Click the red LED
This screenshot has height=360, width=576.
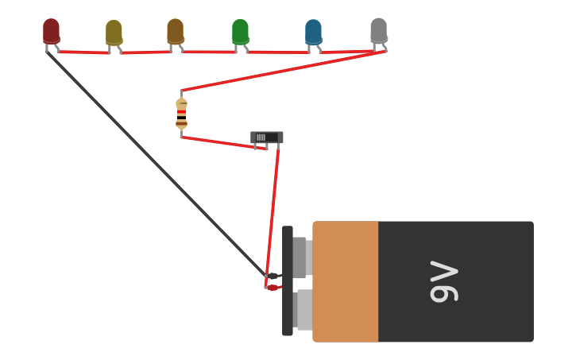(x=51, y=31)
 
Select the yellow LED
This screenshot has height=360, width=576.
(x=114, y=33)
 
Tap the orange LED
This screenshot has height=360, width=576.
(x=175, y=31)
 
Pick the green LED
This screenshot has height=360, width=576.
(x=240, y=32)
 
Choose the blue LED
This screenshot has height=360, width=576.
(x=313, y=32)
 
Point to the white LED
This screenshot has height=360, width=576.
(x=379, y=30)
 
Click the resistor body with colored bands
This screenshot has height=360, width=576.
(x=181, y=113)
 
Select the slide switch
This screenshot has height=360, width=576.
(x=266, y=137)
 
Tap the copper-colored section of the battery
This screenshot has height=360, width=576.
(x=346, y=281)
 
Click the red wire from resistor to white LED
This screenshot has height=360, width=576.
(x=278, y=72)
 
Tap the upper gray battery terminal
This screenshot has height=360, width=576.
(x=300, y=257)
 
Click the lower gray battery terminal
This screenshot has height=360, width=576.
(x=303, y=309)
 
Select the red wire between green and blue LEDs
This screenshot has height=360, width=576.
(x=278, y=52)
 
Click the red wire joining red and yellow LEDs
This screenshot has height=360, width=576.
(x=83, y=52)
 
